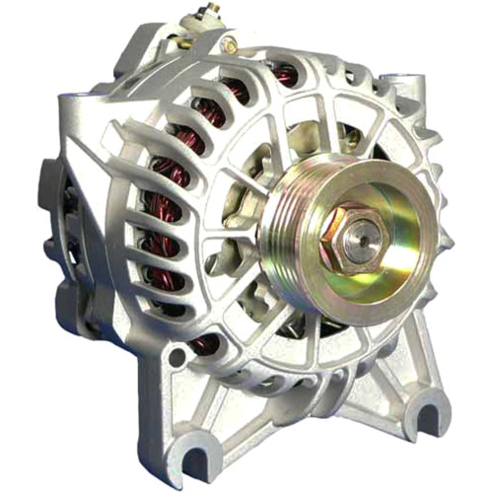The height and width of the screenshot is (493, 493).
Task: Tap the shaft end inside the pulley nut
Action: (x=361, y=230)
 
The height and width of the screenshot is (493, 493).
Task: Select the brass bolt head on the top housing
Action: (x=230, y=44)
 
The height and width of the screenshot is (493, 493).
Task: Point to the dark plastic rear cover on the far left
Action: (x=49, y=197)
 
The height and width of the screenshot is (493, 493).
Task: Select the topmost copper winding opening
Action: (x=287, y=75)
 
